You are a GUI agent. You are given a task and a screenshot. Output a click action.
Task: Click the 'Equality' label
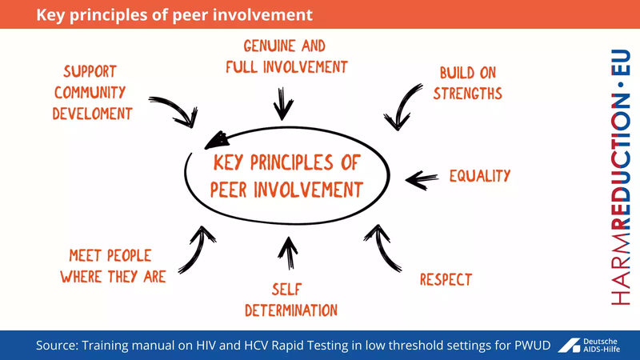coord(479,176)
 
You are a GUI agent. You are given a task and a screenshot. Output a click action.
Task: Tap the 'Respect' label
coord(446,279)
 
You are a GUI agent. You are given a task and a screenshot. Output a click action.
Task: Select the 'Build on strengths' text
coord(468,83)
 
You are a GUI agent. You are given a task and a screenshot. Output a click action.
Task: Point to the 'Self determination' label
coord(290,299)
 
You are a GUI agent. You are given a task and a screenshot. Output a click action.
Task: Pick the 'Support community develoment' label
coord(91,92)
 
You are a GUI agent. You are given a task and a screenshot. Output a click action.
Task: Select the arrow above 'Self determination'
coord(286,251)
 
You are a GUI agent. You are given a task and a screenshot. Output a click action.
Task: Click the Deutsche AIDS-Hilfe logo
coord(594,345)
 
